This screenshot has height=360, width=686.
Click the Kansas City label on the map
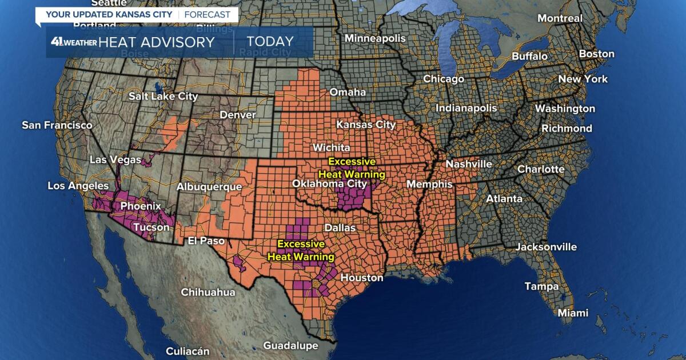[366, 124]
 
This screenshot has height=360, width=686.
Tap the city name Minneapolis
[375, 38]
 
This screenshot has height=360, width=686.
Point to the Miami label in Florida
[573, 313]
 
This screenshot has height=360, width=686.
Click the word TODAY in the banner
[270, 42]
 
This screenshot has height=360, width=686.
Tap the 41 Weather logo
[73, 42]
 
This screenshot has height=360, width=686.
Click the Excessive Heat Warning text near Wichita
[351, 168]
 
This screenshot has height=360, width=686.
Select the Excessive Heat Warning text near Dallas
[294, 250]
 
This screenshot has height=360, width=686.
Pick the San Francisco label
[57, 125]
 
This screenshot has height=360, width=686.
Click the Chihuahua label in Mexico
[208, 292]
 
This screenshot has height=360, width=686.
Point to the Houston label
[361, 278]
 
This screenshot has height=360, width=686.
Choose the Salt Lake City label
[163, 97]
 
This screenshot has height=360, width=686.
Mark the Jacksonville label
[546, 247]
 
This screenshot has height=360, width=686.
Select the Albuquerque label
[209, 187]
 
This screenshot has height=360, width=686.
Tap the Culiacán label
[188, 351]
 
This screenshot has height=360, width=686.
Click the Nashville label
[469, 164]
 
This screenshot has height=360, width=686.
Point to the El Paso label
[206, 241]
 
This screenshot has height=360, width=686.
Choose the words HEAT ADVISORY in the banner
[156, 42]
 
